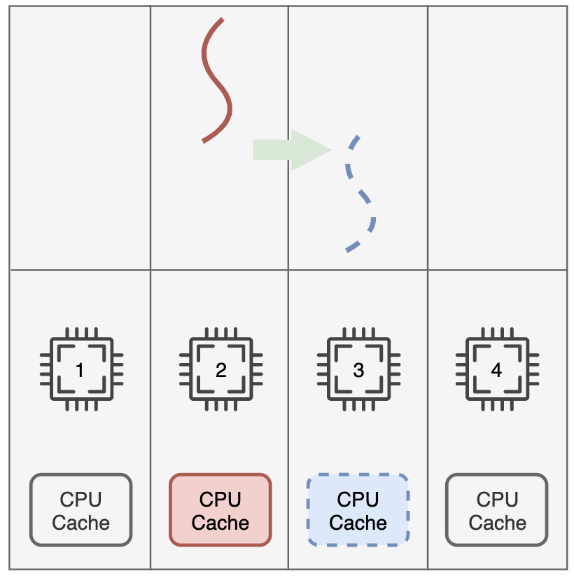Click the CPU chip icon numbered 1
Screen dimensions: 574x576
coord(81,369)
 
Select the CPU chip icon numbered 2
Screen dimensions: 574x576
coord(221,369)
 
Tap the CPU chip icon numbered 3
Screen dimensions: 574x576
coord(358,369)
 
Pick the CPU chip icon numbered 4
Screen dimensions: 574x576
coord(497,369)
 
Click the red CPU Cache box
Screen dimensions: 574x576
coord(220,510)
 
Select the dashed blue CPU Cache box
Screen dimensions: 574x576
coord(358,510)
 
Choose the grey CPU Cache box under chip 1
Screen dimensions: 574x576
coord(80,510)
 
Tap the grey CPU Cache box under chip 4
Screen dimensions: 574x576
coord(497,510)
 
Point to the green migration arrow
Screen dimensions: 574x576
coord(292,150)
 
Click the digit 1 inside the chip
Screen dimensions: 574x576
coord(80,370)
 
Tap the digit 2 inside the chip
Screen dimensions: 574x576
coord(221,370)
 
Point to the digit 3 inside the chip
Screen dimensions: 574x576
coord(358,370)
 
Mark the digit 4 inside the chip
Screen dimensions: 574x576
coord(496,370)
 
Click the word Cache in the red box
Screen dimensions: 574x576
coord(220,523)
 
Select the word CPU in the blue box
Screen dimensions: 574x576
coord(358,499)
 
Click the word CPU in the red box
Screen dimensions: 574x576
coord(220,499)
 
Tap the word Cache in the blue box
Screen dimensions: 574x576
coord(358,523)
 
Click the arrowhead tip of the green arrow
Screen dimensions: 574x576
coord(331,150)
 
